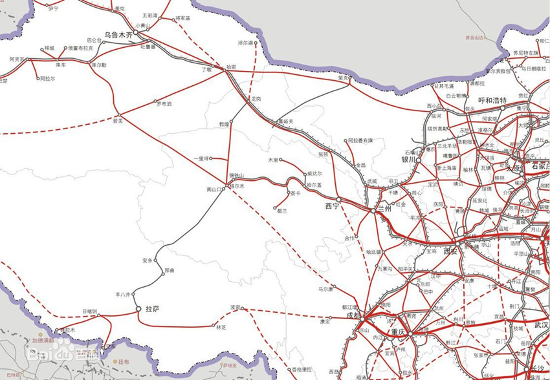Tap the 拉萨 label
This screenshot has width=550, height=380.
click(x=152, y=309)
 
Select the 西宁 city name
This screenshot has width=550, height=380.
click(x=332, y=207)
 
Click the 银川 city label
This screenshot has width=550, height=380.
click(x=408, y=160)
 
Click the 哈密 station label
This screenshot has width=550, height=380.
click(x=231, y=67)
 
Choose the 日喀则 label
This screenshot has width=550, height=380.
click(x=89, y=311)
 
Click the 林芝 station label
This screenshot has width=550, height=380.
click(x=221, y=328)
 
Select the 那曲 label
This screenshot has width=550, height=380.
click(x=170, y=270)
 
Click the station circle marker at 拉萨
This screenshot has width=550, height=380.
click(x=138, y=310)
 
